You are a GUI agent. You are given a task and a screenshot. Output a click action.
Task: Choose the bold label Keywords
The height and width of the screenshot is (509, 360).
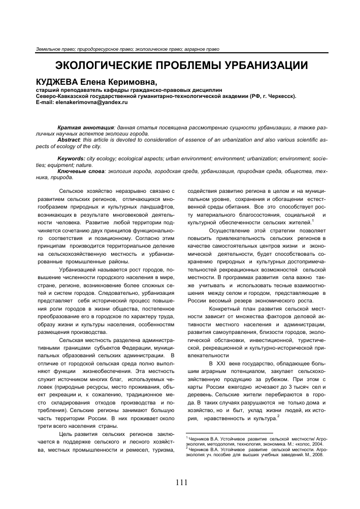coord(72,159)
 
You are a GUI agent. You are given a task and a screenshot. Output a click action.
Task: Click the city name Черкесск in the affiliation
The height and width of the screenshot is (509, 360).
coord(281,95)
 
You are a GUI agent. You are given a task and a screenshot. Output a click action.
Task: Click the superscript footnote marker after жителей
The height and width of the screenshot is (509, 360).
coord(314,220)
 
